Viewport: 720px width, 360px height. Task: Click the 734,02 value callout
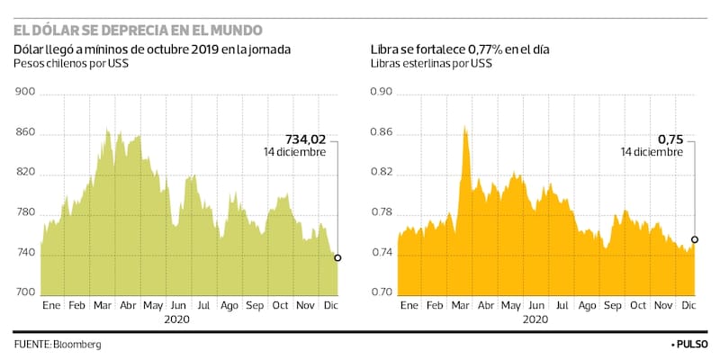tap(305, 139)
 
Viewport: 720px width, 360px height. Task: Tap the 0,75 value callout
tap(670, 139)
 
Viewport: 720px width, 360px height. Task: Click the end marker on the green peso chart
tap(337, 258)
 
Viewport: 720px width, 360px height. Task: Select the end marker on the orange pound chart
tap(694, 239)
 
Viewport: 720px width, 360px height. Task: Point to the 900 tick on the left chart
tap(25, 92)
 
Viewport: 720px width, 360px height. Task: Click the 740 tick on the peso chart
tap(25, 254)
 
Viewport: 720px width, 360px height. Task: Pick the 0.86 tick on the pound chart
tap(382, 133)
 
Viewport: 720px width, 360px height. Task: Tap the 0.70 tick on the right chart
tap(382, 293)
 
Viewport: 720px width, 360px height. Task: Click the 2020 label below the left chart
tap(177, 319)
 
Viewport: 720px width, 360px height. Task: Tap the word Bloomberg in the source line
tap(76, 345)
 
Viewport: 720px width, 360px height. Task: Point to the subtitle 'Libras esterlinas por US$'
tap(431, 64)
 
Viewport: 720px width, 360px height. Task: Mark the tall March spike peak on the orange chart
tap(465, 128)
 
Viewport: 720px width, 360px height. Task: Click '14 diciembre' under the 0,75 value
tap(652, 153)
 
